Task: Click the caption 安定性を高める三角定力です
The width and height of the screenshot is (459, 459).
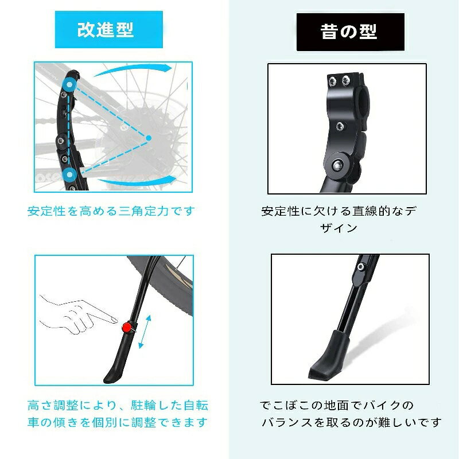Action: point(111,211)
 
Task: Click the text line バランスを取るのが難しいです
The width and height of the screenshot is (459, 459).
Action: point(352,424)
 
